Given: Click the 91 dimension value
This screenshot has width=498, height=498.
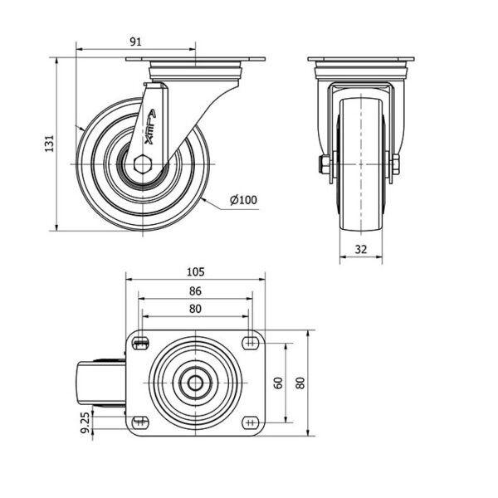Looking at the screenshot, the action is [x=135, y=42].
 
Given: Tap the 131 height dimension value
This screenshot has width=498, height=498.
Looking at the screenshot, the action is [x=49, y=144].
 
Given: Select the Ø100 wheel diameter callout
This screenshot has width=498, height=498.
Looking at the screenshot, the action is [x=243, y=200].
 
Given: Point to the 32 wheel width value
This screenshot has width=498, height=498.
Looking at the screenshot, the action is [x=361, y=249].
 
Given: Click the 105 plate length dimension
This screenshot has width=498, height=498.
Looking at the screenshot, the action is [x=195, y=272].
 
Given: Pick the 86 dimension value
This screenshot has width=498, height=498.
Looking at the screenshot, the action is [x=195, y=291].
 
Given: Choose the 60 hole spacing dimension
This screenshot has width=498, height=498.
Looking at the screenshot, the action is [x=278, y=383].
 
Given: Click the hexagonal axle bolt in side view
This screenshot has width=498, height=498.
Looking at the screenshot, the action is [x=143, y=164].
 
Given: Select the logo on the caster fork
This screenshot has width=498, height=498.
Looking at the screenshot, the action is [x=150, y=127].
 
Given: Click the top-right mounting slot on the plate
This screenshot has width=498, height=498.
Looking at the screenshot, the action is [x=251, y=343].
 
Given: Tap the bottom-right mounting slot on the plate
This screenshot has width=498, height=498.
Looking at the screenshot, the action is [x=251, y=422].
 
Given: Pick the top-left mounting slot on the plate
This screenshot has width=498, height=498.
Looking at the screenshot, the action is [x=140, y=343].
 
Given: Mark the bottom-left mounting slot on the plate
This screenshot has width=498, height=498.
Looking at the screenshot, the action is [x=140, y=422].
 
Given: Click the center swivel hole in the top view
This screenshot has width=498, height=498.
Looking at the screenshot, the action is [x=195, y=383].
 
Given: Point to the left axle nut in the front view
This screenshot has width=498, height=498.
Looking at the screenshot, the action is [x=325, y=164].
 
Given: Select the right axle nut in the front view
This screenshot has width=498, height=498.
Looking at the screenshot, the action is [x=396, y=164].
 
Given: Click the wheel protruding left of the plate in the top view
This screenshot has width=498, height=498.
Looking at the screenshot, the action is [x=101, y=383].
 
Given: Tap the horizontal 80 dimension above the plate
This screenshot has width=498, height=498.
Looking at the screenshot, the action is [x=195, y=309].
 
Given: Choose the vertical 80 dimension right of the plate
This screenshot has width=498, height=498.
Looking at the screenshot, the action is [x=300, y=383].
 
